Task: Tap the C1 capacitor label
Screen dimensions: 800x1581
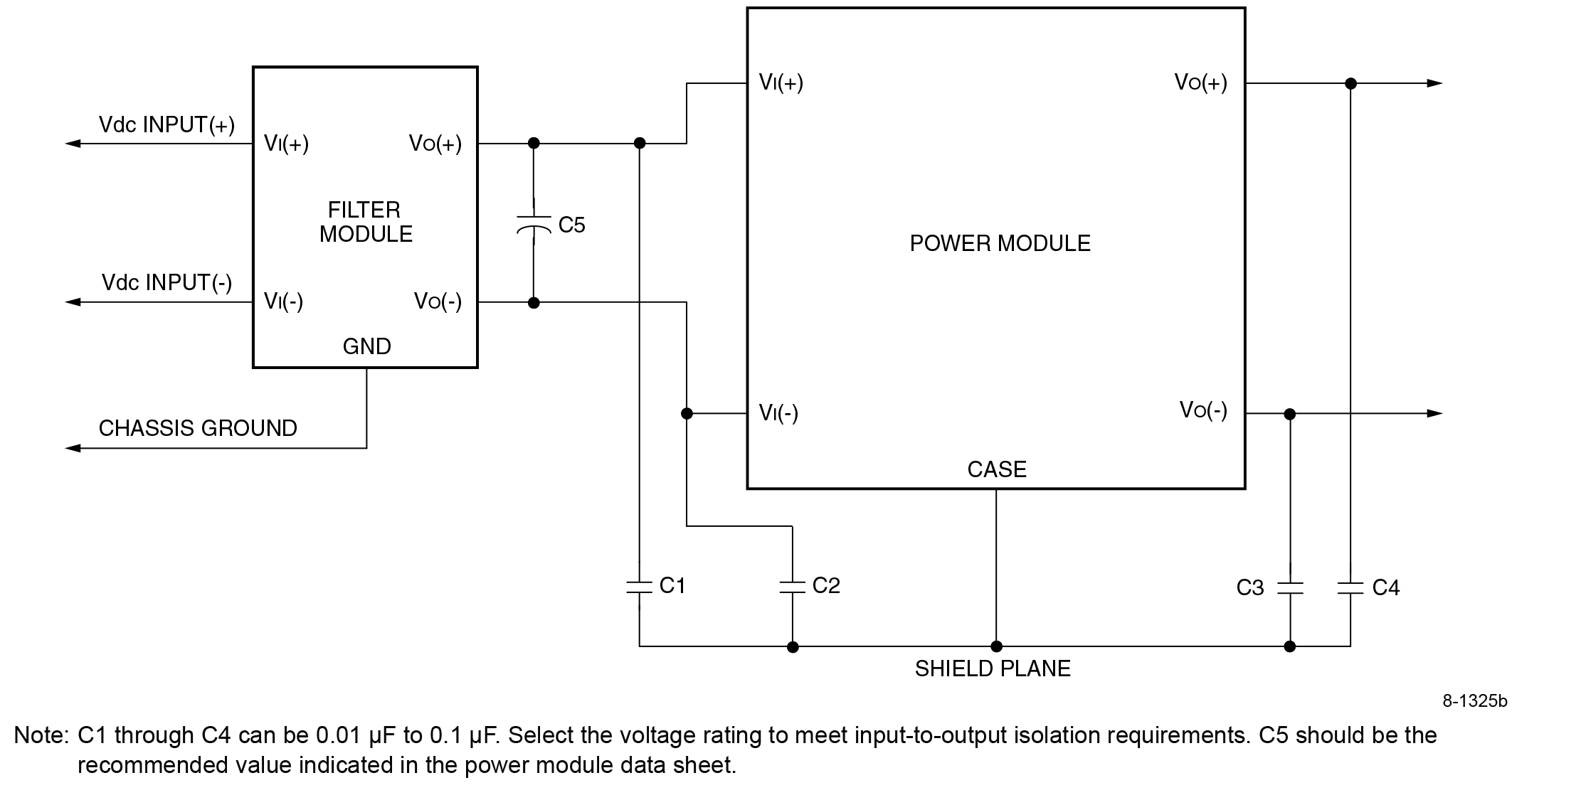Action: [672, 585]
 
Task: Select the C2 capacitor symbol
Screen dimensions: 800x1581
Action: [792, 587]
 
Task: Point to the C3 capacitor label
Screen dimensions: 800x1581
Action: [1250, 588]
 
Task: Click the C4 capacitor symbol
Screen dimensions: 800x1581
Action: [1350, 588]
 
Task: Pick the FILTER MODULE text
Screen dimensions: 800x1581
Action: [366, 222]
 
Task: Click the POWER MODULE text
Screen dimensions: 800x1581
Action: [1000, 244]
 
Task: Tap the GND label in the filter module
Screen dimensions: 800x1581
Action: [366, 346]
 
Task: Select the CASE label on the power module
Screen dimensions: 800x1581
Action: [997, 469]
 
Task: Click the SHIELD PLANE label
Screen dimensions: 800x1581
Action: [993, 669]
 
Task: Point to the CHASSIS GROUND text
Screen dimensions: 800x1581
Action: [198, 428]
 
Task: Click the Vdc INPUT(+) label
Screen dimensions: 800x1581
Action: [166, 125]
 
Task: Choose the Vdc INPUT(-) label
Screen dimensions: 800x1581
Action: [166, 283]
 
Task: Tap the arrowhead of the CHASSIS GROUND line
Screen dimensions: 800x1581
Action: [73, 448]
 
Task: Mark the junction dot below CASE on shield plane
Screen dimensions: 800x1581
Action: [996, 646]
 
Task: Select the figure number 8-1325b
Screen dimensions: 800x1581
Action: [1474, 701]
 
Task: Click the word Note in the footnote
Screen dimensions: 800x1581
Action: [41, 735]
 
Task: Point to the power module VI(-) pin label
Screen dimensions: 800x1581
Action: [778, 412]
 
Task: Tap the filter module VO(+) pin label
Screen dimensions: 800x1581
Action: [435, 144]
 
